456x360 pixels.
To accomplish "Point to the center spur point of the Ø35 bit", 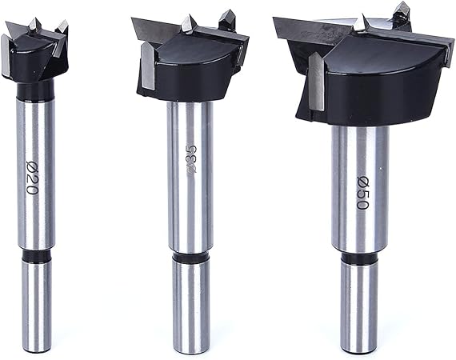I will tap(186, 23).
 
